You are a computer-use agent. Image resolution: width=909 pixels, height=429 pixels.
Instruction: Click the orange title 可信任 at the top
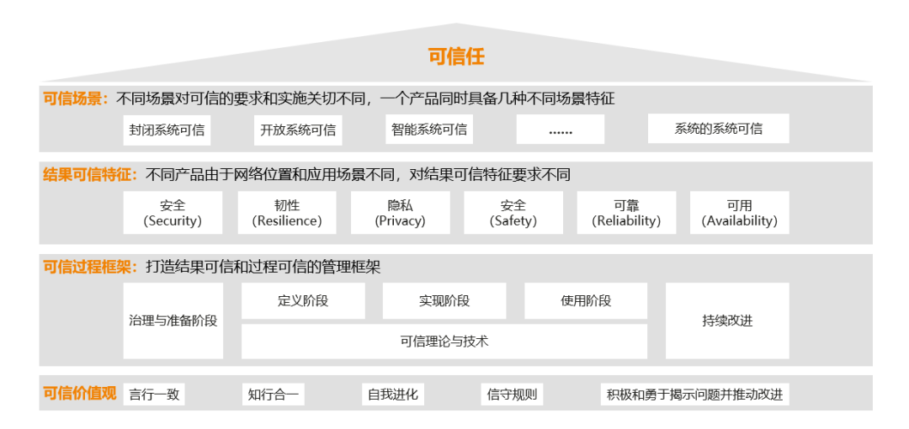tap(456, 56)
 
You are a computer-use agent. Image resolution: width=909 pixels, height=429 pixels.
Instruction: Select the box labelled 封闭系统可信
tap(167, 130)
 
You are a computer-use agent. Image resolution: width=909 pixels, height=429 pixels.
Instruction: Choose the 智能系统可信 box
tap(429, 130)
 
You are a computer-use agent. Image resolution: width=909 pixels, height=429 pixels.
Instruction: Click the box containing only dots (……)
tap(561, 130)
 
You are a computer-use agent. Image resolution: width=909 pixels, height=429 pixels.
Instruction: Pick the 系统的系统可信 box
tap(718, 129)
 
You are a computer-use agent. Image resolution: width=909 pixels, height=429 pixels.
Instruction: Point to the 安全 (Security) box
tap(173, 213)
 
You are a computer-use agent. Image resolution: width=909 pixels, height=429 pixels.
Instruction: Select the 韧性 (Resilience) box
tap(287, 213)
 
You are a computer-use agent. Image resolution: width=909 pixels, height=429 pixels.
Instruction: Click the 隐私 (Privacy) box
tap(401, 213)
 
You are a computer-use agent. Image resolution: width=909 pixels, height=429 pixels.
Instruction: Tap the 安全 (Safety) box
tap(513, 213)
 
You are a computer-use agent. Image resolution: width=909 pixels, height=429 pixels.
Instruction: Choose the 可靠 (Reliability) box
tap(626, 213)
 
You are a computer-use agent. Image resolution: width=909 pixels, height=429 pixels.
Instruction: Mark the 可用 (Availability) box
tap(740, 213)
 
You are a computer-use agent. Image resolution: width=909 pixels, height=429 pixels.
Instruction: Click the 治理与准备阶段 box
tap(173, 320)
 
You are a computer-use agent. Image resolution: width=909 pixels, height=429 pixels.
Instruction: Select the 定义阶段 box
tap(303, 300)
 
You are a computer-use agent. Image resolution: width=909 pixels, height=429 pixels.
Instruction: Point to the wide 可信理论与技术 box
tap(444, 342)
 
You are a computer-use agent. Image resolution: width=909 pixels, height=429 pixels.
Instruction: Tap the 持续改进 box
tap(727, 320)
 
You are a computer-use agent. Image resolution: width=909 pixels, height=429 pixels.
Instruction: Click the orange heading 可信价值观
tap(80, 393)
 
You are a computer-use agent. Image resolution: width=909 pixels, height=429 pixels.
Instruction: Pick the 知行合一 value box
tap(274, 394)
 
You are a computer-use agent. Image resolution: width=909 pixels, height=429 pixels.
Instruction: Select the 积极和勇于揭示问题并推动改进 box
tap(694, 394)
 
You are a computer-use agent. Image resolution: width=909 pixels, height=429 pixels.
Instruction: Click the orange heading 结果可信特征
tap(90, 175)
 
